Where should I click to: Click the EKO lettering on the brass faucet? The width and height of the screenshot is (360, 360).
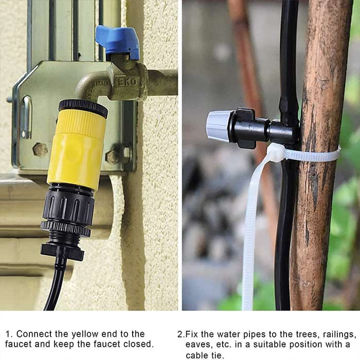[127, 82]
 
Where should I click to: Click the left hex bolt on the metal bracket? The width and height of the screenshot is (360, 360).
[41, 150]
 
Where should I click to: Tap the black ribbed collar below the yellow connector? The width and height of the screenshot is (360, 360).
[68, 206]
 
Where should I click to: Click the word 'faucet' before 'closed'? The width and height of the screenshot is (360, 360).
[107, 344]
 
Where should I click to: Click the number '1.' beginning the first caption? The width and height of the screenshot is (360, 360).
[9, 334]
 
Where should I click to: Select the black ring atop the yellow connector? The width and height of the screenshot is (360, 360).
[83, 108]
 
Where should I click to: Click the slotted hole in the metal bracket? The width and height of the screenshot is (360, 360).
[27, 117]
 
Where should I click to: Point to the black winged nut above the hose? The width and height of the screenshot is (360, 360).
[62, 251]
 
